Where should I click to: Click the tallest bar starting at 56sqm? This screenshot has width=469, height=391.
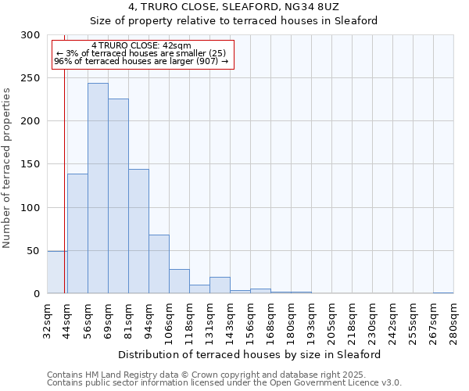click(x=98, y=188)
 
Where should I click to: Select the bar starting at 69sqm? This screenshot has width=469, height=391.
click(x=118, y=196)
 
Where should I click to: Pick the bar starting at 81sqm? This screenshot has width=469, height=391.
click(x=138, y=231)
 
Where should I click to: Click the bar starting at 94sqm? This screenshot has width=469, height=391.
click(x=159, y=264)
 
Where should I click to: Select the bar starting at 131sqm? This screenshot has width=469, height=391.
click(x=220, y=285)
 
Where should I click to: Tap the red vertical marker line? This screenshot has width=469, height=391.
click(x=64, y=156)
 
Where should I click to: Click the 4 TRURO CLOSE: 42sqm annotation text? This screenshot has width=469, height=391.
click(x=141, y=46)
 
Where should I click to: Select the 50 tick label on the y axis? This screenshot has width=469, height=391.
click(x=34, y=251)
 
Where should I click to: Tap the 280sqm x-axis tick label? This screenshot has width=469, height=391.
click(x=453, y=321)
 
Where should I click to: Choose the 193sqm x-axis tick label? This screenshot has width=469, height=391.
click(x=311, y=321)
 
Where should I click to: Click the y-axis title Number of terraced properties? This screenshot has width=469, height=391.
click(x=7, y=168)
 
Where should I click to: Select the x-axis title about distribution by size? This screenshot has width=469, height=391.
click(x=249, y=354)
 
